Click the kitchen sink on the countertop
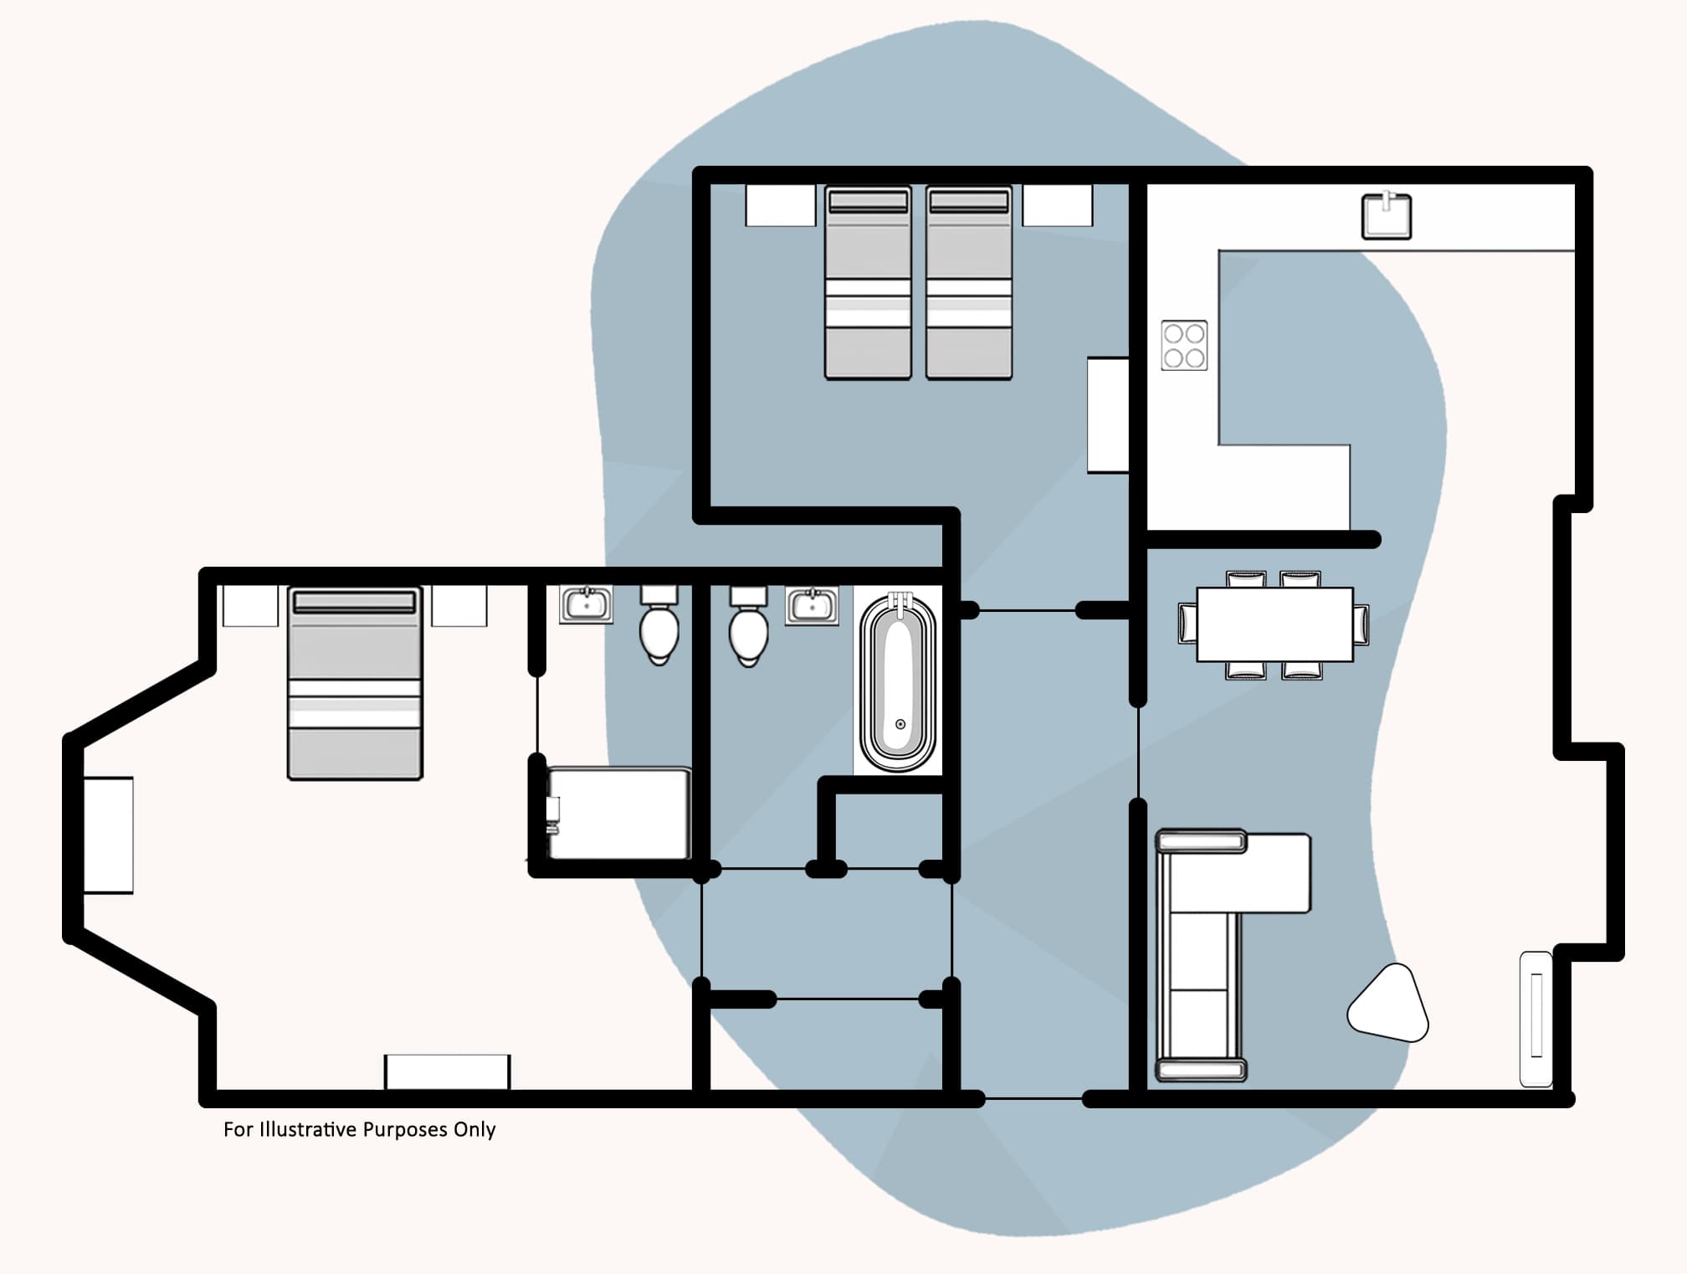(1387, 216)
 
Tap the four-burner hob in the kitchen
(1184, 345)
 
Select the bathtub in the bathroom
(899, 682)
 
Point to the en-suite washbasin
(586, 604)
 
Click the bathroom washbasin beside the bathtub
(812, 605)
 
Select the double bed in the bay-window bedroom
(355, 683)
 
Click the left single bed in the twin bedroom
(868, 283)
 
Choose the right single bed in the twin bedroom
(969, 283)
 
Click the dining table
(1274, 624)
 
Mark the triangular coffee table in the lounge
(1389, 1004)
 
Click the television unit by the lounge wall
(1536, 1019)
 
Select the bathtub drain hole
(900, 724)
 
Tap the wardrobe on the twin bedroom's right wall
(1108, 415)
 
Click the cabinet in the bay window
(109, 835)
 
